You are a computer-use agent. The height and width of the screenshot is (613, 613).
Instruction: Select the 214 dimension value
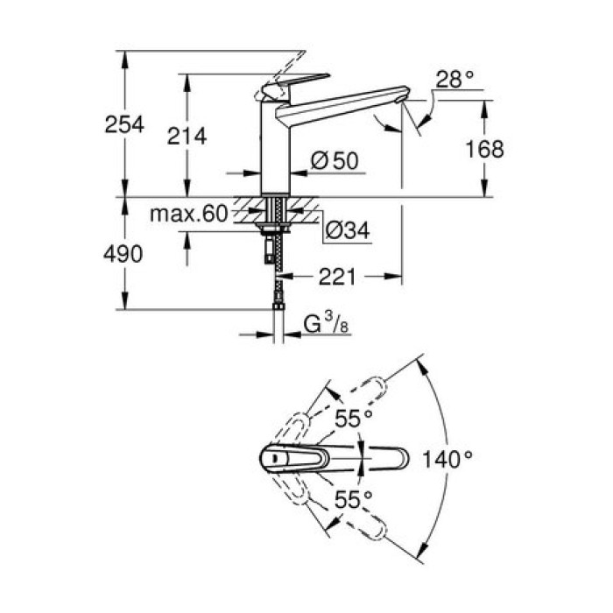(187, 136)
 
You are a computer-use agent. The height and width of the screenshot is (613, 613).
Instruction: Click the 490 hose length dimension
(123, 255)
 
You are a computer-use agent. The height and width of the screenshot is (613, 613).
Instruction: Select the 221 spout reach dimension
(337, 277)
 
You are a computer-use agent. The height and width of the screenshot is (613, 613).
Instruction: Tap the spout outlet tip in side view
(404, 96)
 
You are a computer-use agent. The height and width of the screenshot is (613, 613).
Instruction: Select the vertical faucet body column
(274, 149)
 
